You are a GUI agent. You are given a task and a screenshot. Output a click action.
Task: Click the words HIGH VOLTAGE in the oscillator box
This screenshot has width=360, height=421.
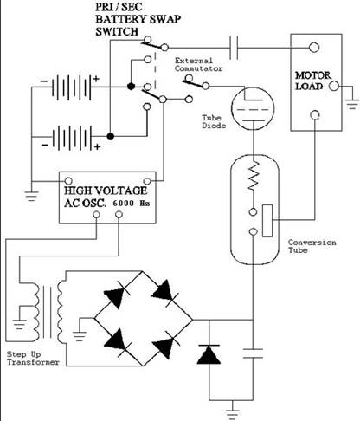click(x=106, y=191)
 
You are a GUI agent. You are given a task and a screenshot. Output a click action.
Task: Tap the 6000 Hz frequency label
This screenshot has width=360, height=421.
click(x=132, y=204)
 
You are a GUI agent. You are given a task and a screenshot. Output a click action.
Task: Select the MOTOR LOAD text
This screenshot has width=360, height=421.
click(x=312, y=81)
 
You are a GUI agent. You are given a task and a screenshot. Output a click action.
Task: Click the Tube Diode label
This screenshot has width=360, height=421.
click(x=214, y=121)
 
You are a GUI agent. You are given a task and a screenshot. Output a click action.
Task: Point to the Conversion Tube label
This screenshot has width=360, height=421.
click(x=312, y=246)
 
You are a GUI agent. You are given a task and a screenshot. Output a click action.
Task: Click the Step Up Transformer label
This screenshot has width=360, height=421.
click(x=33, y=358)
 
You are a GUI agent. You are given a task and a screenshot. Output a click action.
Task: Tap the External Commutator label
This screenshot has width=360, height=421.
click(x=198, y=65)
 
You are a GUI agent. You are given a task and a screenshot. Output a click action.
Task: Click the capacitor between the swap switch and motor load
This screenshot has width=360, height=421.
click(x=234, y=48)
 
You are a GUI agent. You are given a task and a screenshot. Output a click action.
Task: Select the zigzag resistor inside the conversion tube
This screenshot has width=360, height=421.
click(x=254, y=176)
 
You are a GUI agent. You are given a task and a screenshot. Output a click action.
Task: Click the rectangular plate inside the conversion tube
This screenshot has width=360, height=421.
click(x=267, y=221)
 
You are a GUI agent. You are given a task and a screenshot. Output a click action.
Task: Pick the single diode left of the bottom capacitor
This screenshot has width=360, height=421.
click(x=209, y=354)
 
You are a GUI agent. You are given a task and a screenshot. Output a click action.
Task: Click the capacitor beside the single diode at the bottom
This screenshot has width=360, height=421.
click(x=253, y=353)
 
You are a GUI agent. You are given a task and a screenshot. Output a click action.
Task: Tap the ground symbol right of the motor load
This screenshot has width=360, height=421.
click(x=352, y=104)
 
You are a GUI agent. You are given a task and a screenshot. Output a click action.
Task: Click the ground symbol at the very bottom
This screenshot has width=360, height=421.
click(x=232, y=414)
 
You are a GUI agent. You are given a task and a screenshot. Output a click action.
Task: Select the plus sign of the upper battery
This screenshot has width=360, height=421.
click(x=96, y=79)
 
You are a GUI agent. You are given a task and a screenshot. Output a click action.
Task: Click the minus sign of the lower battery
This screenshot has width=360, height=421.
click(x=45, y=145)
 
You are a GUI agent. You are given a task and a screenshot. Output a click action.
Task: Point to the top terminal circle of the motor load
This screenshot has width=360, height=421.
click(x=314, y=48)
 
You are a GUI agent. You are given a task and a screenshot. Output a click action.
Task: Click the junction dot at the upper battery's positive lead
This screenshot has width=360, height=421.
click(x=131, y=87)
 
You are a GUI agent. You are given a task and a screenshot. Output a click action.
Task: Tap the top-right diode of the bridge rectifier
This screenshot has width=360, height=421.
click(x=164, y=291)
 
